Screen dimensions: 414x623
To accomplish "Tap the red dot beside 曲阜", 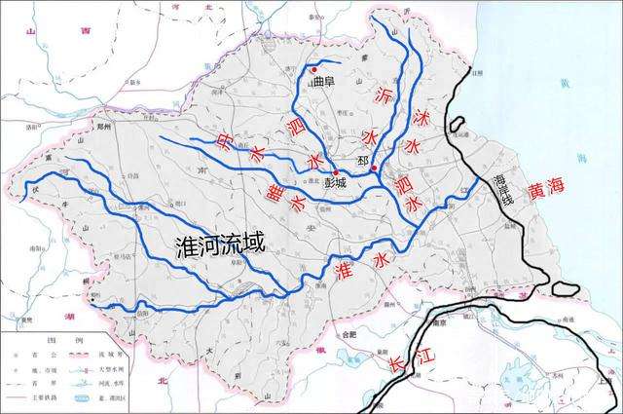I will click(x=313, y=70).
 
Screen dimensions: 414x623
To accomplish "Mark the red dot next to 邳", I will click(x=375, y=169).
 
